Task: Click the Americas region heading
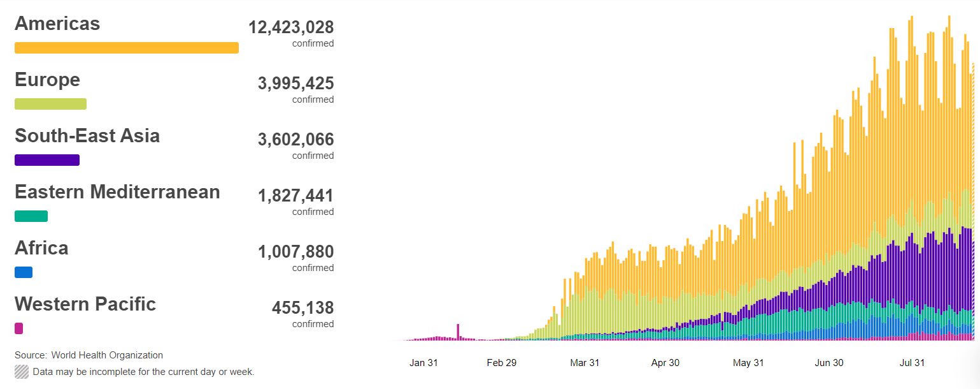(57, 24)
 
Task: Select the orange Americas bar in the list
(126, 48)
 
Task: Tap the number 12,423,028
(291, 27)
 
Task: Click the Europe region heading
(47, 80)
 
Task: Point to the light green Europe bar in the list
(50, 104)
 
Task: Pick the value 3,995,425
(295, 84)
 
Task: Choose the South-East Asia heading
(87, 136)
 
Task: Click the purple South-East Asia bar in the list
(46, 160)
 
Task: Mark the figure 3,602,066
(295, 140)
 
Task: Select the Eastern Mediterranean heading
(117, 192)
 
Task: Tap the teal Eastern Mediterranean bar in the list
(31, 216)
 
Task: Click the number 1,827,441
(295, 196)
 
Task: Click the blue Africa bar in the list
(23, 272)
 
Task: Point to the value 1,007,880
(295, 252)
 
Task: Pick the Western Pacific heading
(85, 304)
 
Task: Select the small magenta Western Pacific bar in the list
(18, 328)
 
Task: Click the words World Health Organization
(107, 355)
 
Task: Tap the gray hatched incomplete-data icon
(22, 372)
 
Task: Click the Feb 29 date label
(502, 363)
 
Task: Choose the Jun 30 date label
(829, 363)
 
